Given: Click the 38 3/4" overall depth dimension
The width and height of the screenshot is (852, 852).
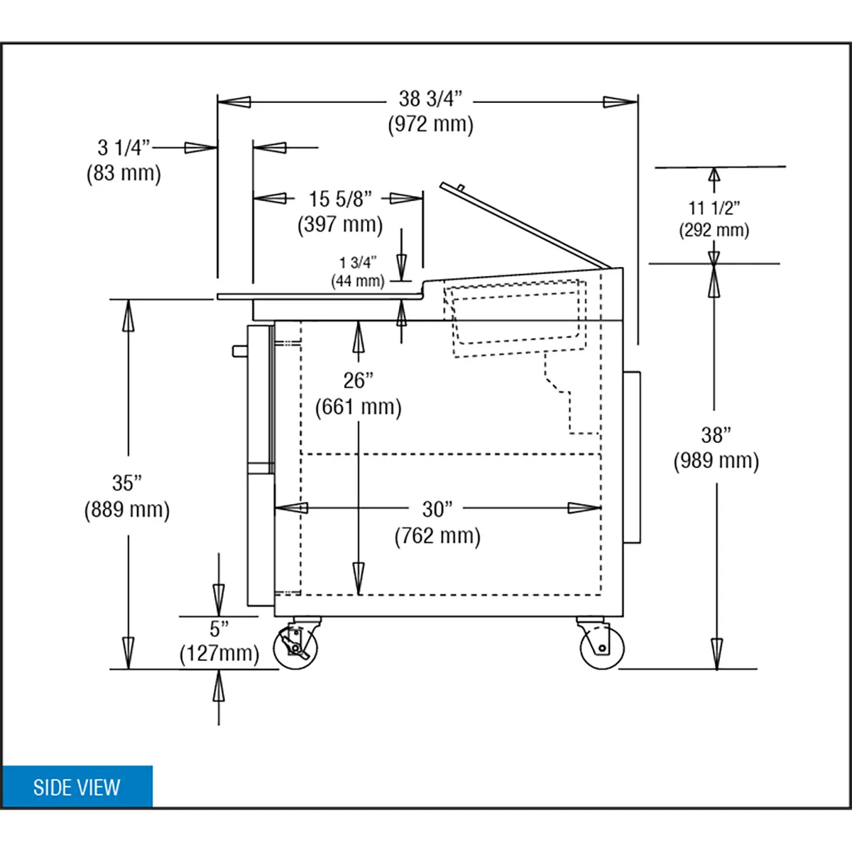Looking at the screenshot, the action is point(430,99).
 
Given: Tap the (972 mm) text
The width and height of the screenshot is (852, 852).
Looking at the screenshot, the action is point(431,124).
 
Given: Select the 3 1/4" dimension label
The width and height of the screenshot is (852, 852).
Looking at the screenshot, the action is point(124,148).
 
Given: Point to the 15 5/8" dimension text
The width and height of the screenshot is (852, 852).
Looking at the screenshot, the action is point(340,199).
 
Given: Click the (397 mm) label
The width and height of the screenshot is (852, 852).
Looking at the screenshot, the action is point(340,224).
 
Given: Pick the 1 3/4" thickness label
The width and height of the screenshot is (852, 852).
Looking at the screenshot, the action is point(358,263).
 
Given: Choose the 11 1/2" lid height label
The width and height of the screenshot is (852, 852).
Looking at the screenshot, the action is point(714,208).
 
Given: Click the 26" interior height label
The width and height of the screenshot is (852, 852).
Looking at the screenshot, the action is point(358,381).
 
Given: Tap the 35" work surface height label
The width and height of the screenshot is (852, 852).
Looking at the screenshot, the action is point(127,484).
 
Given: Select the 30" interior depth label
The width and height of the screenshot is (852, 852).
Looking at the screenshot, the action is point(437,509).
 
